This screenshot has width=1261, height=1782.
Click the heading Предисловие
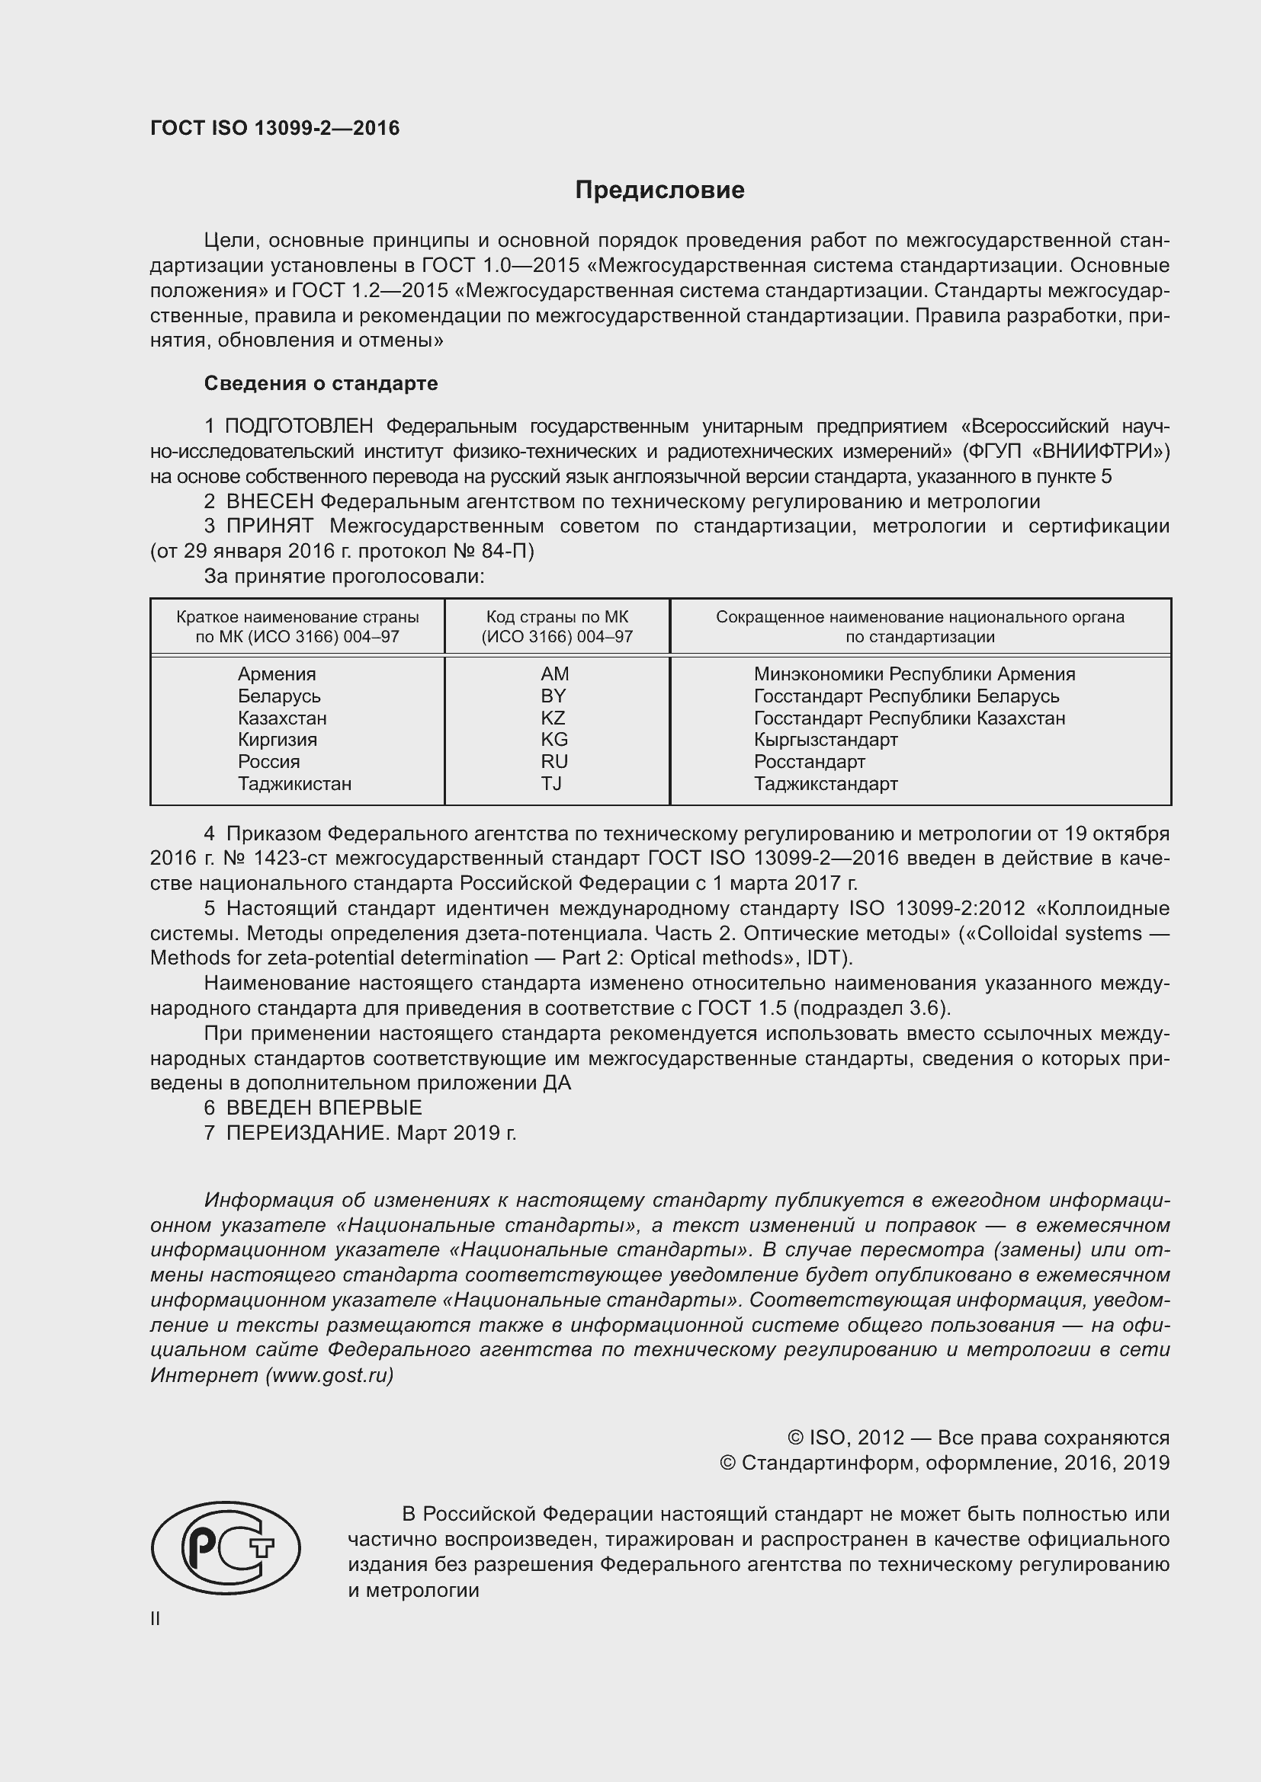click(659, 190)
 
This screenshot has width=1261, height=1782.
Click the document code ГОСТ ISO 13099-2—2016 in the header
click(275, 128)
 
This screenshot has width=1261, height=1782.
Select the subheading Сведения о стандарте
click(321, 383)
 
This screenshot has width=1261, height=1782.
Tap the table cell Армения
click(277, 673)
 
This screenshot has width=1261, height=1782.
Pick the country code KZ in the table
click(553, 718)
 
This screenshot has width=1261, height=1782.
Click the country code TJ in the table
click(551, 783)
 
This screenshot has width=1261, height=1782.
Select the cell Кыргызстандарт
click(826, 740)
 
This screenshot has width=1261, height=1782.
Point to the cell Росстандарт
click(809, 761)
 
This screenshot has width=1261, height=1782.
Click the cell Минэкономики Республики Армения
click(914, 673)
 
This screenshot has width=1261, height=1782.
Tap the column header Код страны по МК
click(557, 617)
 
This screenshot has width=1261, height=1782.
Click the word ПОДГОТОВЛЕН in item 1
click(299, 426)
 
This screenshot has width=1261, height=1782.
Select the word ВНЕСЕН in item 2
click(269, 501)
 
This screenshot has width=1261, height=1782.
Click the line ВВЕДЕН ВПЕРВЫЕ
click(324, 1108)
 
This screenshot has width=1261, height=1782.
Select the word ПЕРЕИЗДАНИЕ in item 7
click(306, 1133)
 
